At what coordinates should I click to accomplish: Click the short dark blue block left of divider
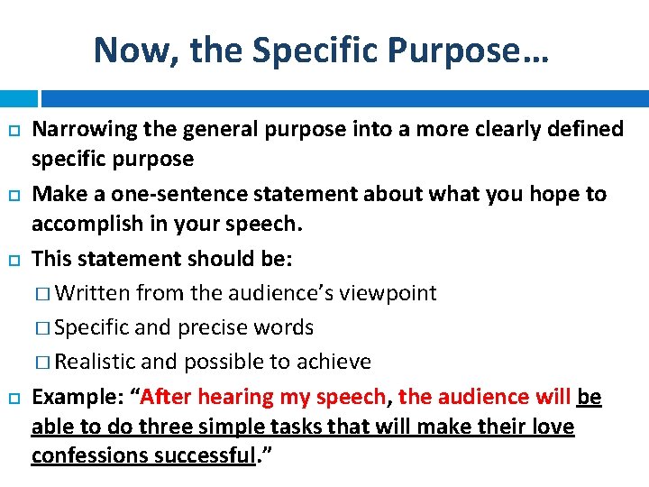point(19,98)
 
